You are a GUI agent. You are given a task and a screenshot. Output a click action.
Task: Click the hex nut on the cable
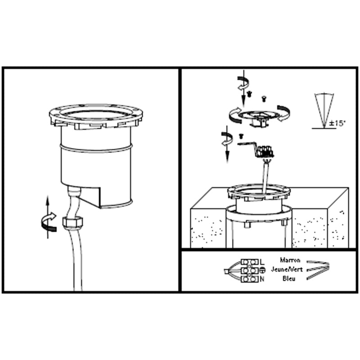click(72, 222)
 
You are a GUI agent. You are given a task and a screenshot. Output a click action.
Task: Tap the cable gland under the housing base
click(74, 192)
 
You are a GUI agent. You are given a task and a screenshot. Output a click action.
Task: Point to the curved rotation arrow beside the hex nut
click(49, 222)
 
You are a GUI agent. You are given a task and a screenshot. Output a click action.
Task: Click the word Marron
click(290, 260)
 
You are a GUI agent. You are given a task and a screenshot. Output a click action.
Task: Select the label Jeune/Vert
click(287, 269)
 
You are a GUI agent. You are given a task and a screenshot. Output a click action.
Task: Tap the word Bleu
click(289, 279)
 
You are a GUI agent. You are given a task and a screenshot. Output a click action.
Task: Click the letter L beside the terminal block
click(262, 262)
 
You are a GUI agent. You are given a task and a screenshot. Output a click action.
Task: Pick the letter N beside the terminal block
click(262, 279)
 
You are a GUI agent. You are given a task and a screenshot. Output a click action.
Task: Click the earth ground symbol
click(262, 270)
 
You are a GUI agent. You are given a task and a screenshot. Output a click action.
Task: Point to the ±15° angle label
click(337, 123)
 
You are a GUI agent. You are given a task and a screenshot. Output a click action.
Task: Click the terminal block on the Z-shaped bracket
click(265, 151)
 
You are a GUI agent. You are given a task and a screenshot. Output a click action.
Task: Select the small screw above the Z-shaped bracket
click(241, 136)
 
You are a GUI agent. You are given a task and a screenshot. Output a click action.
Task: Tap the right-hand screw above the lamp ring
click(264, 99)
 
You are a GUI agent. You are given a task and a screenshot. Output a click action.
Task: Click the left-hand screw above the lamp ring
click(249, 94)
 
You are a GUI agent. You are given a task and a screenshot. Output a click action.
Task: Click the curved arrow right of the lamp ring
click(284, 113)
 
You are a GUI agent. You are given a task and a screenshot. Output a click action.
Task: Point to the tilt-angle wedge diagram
click(324, 111)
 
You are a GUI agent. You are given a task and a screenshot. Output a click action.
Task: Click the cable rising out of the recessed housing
click(266, 176)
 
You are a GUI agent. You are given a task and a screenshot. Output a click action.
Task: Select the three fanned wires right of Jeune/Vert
click(318, 270)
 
